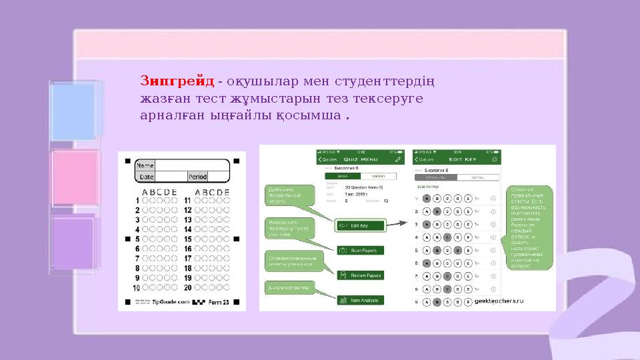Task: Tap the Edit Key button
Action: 361,225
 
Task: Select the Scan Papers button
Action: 361,251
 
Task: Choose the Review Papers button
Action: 361,275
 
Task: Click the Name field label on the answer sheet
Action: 145,165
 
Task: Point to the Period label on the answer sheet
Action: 197,177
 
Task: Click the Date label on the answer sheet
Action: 145,177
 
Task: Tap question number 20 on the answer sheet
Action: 188,288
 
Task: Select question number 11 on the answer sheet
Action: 188,200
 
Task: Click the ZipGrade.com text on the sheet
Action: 171,302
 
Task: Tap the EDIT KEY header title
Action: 458,160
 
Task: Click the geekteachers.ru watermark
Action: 499,301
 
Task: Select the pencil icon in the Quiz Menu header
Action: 398,160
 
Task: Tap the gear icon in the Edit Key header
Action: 494,160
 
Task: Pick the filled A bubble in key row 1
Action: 427,198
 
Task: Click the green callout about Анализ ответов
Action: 289,288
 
